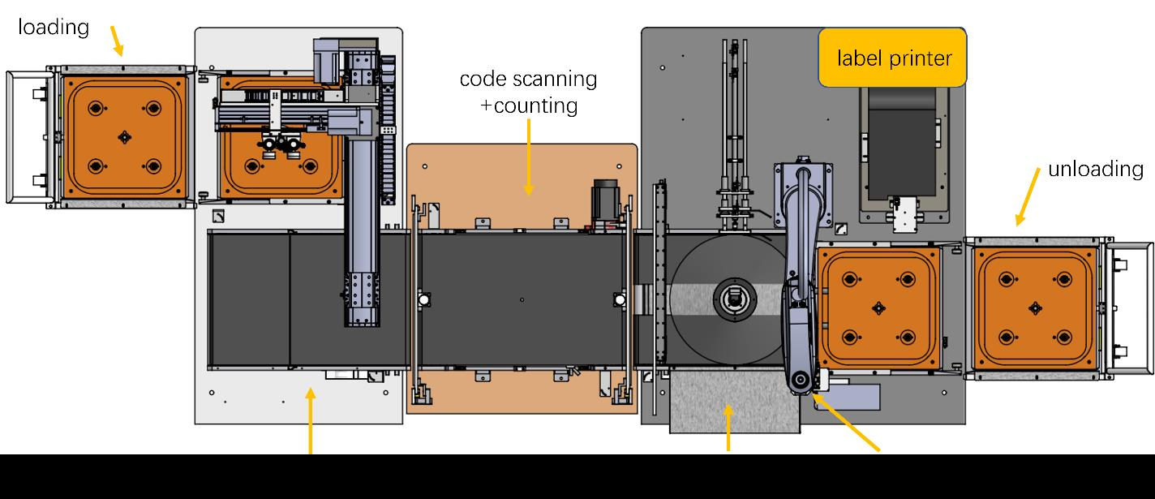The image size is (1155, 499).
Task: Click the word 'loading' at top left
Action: click(54, 28)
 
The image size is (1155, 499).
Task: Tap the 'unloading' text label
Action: click(1096, 169)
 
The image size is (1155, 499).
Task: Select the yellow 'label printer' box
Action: click(892, 58)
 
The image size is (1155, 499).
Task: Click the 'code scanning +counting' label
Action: click(528, 92)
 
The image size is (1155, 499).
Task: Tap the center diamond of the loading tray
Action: click(124, 137)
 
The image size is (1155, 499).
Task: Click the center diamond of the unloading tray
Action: click(1034, 308)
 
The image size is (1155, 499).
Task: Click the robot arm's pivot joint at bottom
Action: click(801, 380)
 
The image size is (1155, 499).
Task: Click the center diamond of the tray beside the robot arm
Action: click(877, 308)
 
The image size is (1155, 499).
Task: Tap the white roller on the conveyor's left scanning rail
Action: click(423, 299)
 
